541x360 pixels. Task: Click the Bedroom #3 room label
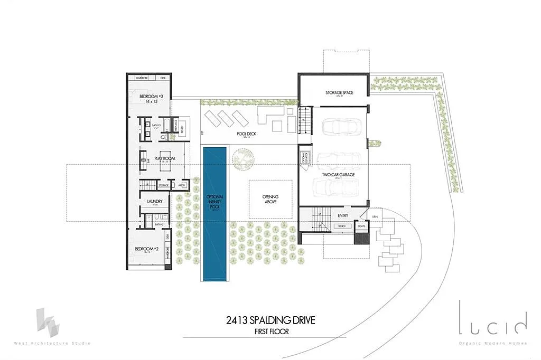tap(151, 97)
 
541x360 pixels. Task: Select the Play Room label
tap(165, 158)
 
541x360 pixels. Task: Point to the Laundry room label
tap(154, 201)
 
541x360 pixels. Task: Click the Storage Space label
tap(339, 93)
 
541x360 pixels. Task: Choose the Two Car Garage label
tap(339, 174)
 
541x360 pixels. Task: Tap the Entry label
tap(343, 215)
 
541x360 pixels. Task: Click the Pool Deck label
tap(247, 134)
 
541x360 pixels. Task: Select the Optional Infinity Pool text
tap(215, 203)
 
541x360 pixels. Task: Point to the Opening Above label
tap(270, 199)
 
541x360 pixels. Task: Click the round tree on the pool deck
tap(242, 158)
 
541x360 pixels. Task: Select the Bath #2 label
tap(158, 225)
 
